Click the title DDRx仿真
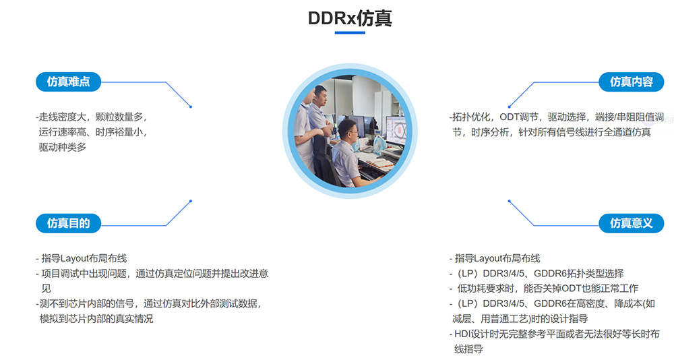(350, 18)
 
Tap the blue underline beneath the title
(350, 32)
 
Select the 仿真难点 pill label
(68, 82)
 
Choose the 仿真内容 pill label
(631, 82)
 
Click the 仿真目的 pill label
(68, 223)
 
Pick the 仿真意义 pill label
(631, 223)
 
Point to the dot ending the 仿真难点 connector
(191, 107)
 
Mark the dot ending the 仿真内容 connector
(509, 107)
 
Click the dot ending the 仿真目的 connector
(191, 201)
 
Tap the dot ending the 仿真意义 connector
(509, 201)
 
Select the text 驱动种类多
(63, 148)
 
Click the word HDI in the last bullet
(462, 334)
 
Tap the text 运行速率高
(63, 132)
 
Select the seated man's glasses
(350, 128)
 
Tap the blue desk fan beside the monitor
(377, 145)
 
